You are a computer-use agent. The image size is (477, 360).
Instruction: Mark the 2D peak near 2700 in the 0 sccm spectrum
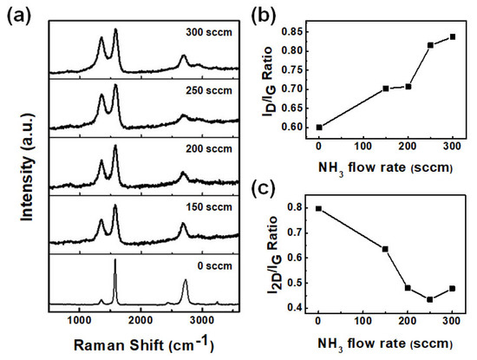186,283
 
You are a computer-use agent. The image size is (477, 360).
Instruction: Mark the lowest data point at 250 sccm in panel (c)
429,299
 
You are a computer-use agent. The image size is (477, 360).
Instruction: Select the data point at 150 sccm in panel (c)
385,249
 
